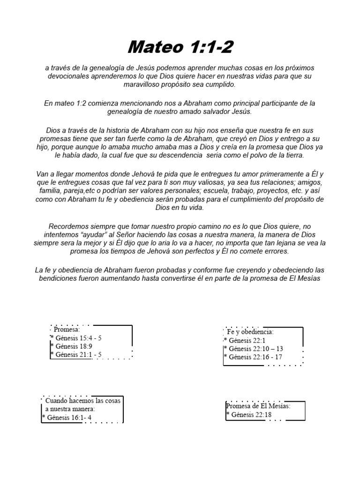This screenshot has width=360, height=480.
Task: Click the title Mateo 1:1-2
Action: pyautogui.click(x=180, y=47)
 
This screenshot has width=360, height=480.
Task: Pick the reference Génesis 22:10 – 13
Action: pyautogui.click(x=255, y=349)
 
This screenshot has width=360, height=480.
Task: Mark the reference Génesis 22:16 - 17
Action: pyautogui.click(x=255, y=357)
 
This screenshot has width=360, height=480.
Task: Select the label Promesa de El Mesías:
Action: pyautogui.click(x=258, y=406)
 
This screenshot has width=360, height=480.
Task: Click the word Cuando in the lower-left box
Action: pyautogui.click(x=55, y=401)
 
